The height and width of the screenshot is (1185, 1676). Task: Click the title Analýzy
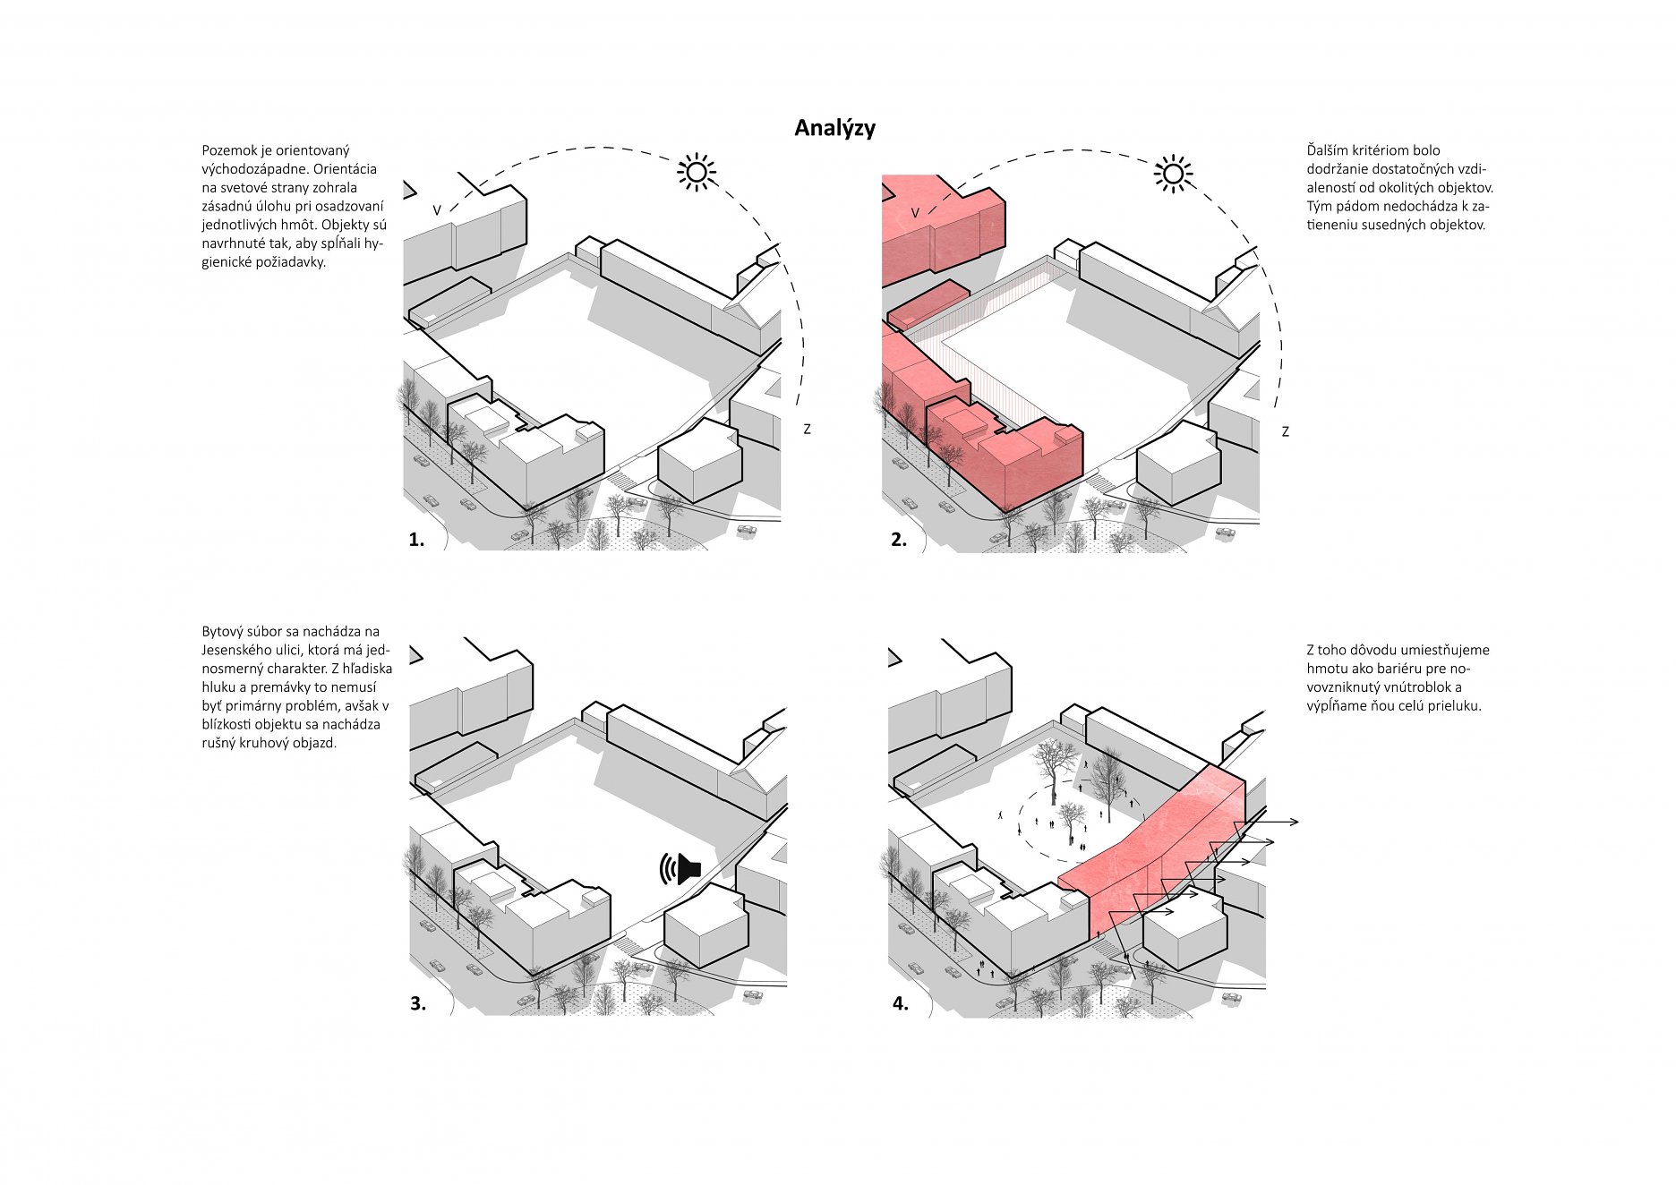[x=834, y=128]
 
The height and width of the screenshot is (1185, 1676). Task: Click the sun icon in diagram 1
[x=697, y=172]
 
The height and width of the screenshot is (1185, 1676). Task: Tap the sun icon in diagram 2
[x=1173, y=174]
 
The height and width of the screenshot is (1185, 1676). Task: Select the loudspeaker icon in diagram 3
[x=680, y=869]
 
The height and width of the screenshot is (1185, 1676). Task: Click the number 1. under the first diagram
[x=416, y=540]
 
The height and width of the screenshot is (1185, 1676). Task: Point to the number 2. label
[x=899, y=540]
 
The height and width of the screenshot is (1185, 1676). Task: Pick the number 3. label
[x=418, y=1004]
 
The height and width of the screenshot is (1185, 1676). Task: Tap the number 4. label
[x=901, y=1004]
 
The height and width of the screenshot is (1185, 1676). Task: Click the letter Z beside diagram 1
[x=807, y=430]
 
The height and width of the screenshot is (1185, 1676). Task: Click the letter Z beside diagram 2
[x=1285, y=431]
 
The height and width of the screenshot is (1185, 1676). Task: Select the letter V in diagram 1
[x=437, y=210]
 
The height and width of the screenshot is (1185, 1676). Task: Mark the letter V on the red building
[x=915, y=213]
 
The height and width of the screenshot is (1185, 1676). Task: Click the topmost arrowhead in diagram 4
[x=1293, y=822]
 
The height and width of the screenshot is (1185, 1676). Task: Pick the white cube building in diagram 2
[x=1179, y=464]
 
